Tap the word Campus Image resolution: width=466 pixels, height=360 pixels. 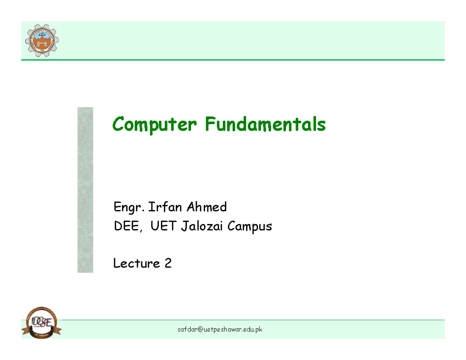point(250,227)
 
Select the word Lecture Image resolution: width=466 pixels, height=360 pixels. point(136,264)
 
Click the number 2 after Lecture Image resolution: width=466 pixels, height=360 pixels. point(168,264)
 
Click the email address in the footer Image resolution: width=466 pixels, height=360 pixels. point(220,330)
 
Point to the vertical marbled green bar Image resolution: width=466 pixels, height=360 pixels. point(85,190)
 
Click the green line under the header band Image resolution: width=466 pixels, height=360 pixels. point(233,60)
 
